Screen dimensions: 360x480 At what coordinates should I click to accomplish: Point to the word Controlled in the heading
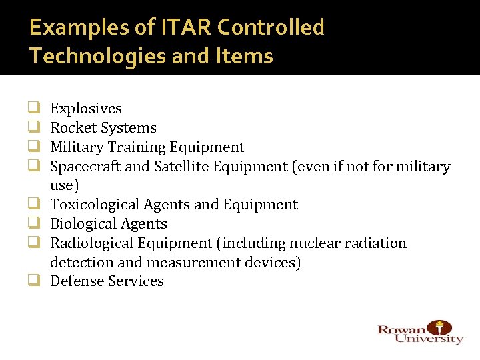pos(271,27)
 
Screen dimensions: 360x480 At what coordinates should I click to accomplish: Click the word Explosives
pos(86,109)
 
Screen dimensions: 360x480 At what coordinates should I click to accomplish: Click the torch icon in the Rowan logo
pos(439,328)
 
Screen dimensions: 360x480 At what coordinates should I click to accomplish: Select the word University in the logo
pos(429,339)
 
